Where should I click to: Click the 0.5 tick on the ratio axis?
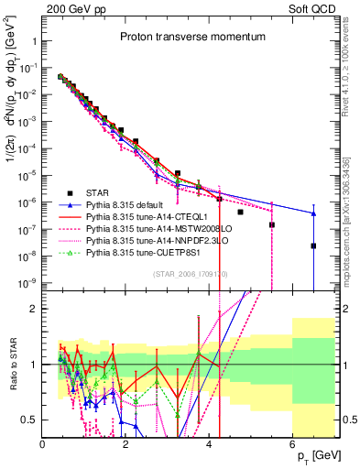[32, 419]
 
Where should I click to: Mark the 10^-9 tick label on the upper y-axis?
[27, 284]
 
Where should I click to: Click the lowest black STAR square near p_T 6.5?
[313, 245]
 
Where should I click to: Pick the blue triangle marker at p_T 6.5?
[313, 213]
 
